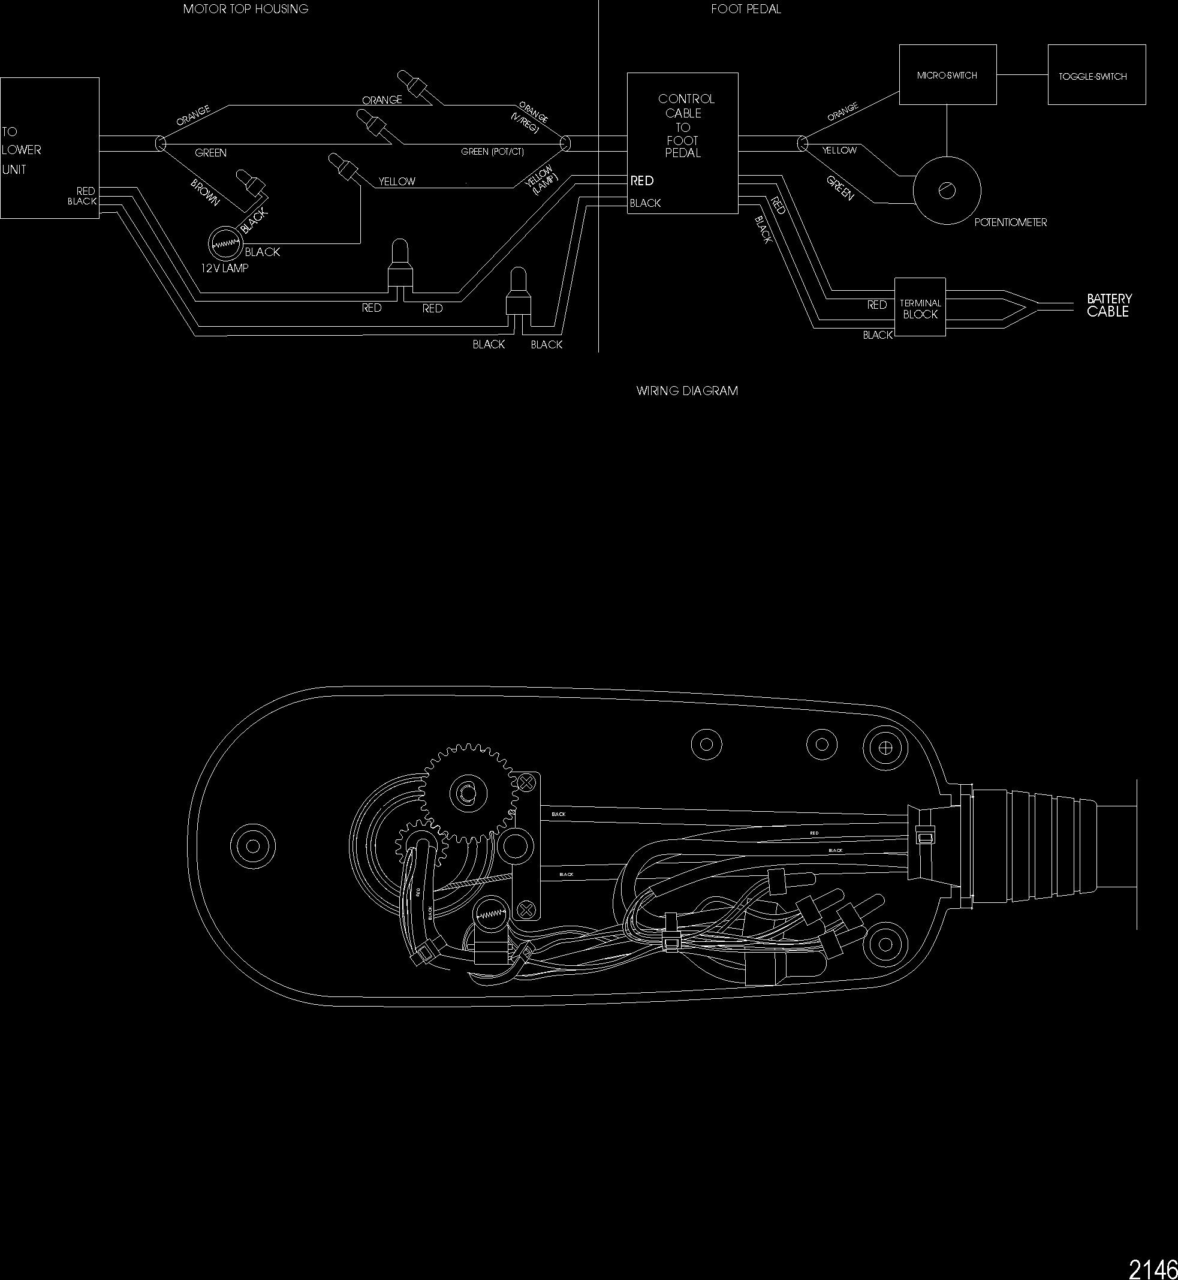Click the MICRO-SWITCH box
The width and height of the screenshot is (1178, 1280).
pos(947,74)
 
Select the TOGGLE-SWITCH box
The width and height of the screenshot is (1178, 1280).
pos(1096,74)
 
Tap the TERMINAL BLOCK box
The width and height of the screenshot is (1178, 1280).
pos(920,307)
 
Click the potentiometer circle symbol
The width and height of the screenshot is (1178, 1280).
pos(947,190)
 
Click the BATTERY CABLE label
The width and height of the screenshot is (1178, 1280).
pos(1108,305)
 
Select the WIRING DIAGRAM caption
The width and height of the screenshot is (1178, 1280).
pos(686,391)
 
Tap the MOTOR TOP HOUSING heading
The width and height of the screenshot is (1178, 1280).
pos(245,9)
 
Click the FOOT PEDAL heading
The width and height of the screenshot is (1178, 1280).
pos(746,9)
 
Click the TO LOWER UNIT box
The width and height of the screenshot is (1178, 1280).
pos(50,148)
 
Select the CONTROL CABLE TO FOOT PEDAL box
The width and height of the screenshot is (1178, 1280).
pos(682,143)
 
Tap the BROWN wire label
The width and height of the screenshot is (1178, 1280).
pos(204,192)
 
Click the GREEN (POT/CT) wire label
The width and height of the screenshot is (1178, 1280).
pos(492,152)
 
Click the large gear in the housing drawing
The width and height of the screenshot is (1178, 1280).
pos(467,793)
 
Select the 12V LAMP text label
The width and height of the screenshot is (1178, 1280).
pos(224,269)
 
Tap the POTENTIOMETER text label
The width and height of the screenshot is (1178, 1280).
pos(1010,222)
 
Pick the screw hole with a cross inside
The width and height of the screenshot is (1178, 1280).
pos(885,746)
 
